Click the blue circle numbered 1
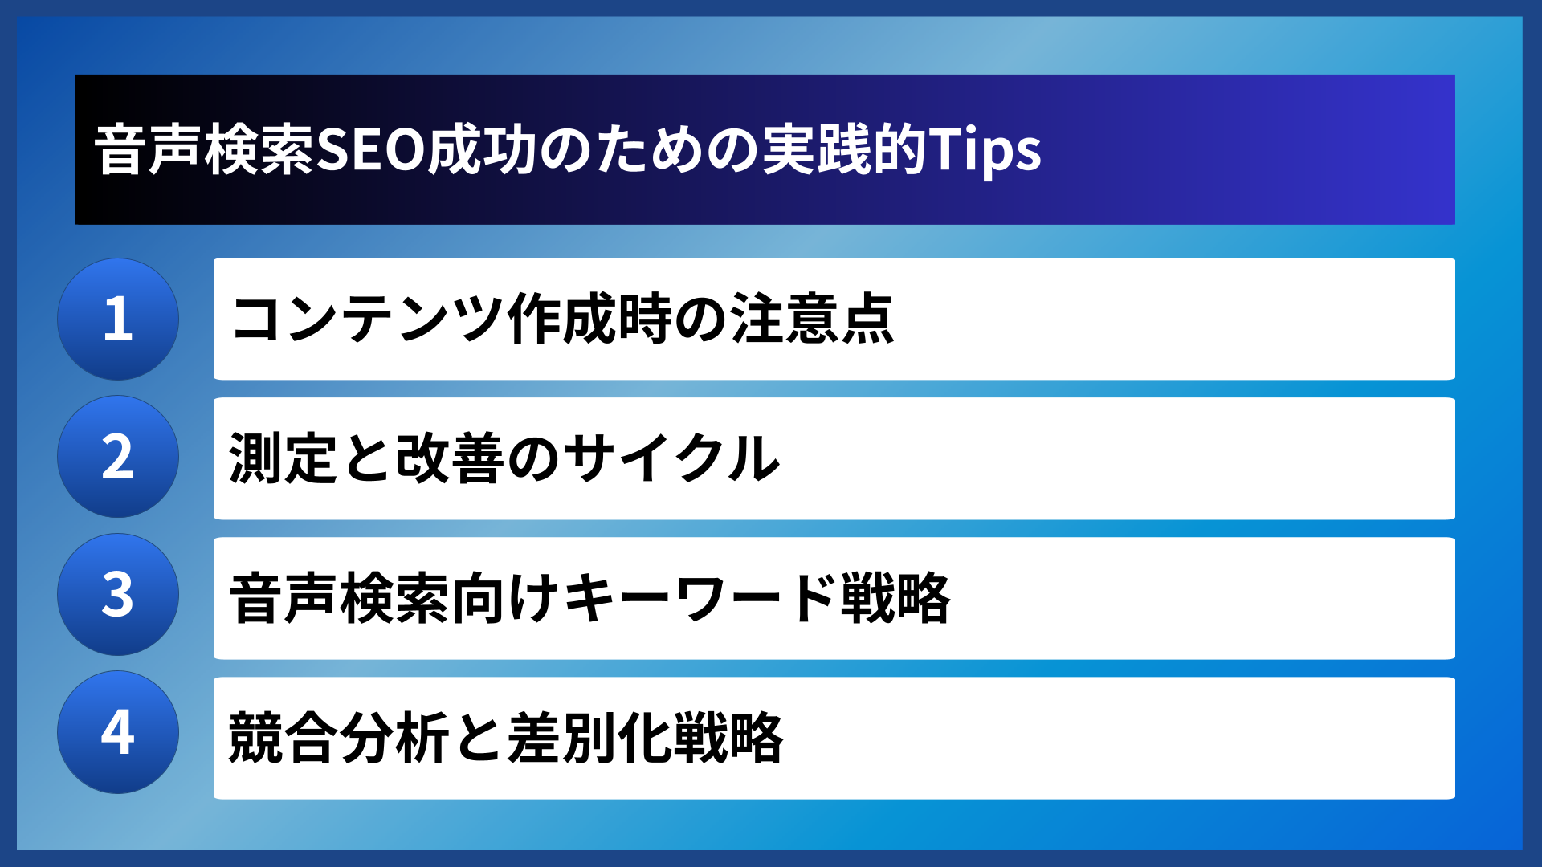118,319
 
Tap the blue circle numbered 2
118,457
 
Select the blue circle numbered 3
118,595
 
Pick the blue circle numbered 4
118,732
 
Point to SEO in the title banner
370,150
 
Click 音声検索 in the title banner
204,150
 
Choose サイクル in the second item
671,458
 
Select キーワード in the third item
699,598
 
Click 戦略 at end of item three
895,598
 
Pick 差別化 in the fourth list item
590,737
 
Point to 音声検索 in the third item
339,598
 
